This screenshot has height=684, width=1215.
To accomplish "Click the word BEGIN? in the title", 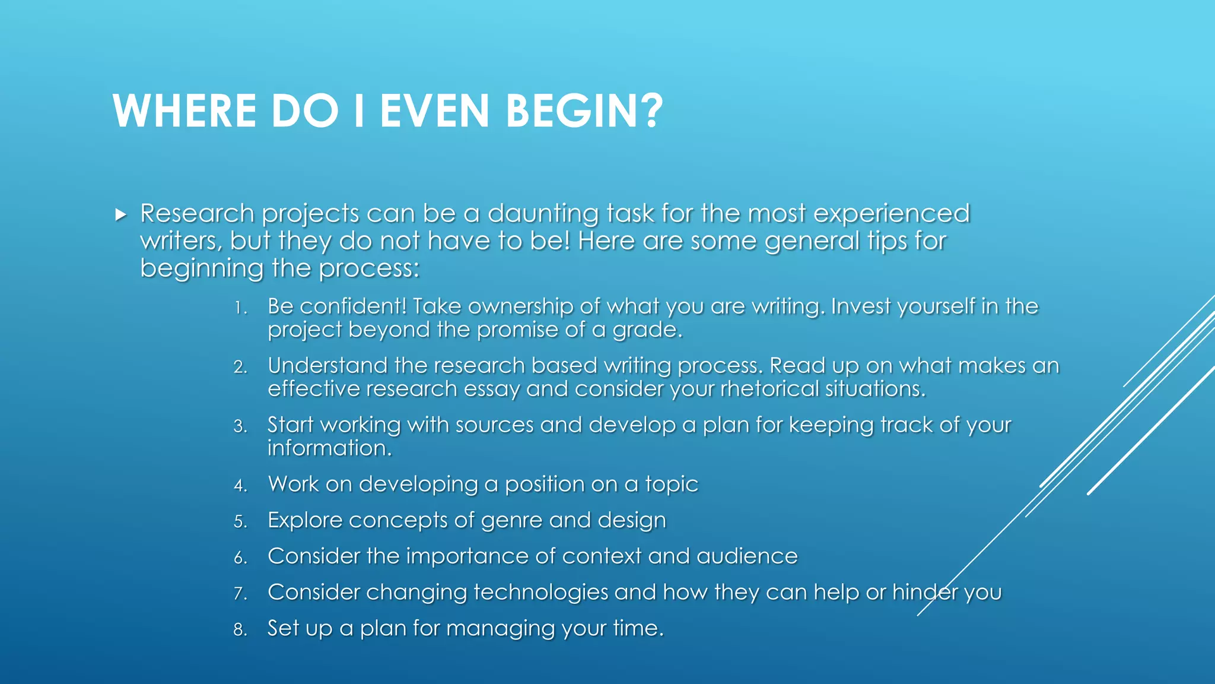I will [584, 111].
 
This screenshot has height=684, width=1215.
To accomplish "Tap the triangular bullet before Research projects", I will [121, 214].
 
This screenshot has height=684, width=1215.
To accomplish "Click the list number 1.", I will [240, 308].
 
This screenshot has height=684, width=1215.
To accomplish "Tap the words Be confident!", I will [336, 306].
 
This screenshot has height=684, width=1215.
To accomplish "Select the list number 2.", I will [240, 367].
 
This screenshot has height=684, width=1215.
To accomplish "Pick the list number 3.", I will [240, 426].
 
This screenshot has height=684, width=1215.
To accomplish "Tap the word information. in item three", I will [329, 448].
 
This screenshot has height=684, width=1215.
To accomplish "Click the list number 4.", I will [240, 486].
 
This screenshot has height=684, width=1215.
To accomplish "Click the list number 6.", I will [240, 558].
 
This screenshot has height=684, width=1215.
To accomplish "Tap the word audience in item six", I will [747, 556].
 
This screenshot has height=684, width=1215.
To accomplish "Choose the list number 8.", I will [240, 629].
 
